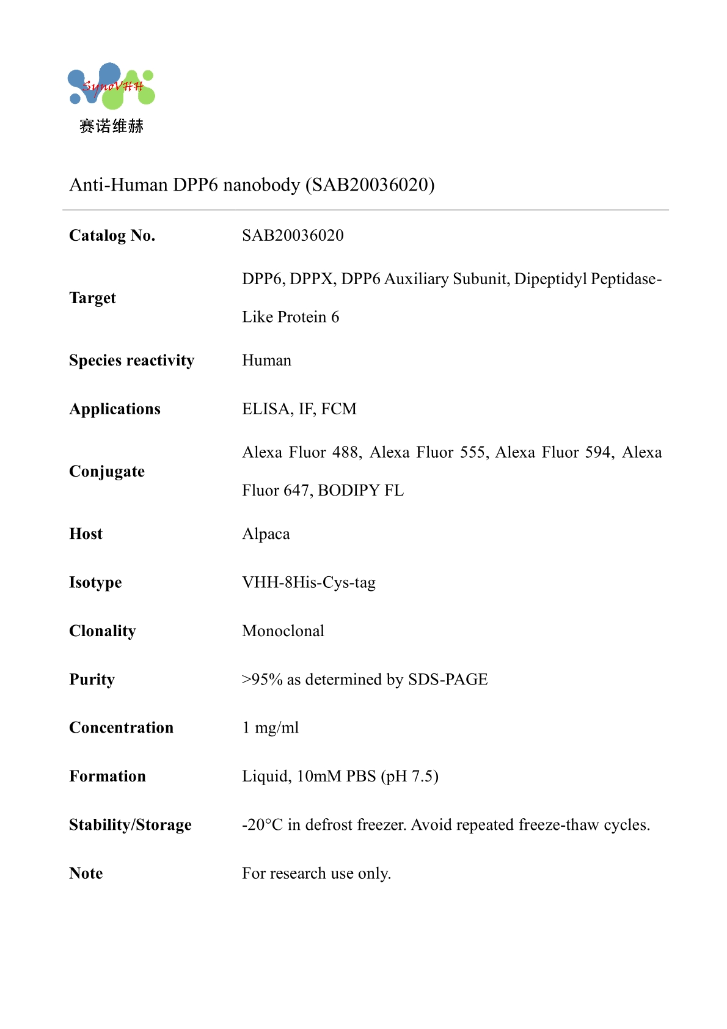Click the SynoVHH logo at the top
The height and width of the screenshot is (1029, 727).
(111, 87)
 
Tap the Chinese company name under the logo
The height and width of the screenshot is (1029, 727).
(111, 126)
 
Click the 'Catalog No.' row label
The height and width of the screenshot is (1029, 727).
(112, 236)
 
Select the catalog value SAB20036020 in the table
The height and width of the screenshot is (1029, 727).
(293, 236)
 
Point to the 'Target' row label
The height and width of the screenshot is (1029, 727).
(92, 298)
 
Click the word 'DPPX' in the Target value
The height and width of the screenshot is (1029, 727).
(312, 279)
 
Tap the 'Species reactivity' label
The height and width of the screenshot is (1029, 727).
(131, 361)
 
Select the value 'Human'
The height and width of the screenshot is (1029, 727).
(266, 361)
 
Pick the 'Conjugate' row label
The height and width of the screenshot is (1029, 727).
(107, 472)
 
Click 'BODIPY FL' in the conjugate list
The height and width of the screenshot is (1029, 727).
(360, 491)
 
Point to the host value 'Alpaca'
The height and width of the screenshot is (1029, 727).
(266, 534)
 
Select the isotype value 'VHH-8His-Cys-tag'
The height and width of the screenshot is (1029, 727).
(309, 582)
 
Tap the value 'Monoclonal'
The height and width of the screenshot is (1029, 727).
(283, 631)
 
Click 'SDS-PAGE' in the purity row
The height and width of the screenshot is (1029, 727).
(448, 679)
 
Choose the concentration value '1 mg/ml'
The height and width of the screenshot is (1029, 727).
(271, 728)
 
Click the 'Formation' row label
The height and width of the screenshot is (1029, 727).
(108, 777)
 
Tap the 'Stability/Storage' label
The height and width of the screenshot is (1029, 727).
(130, 825)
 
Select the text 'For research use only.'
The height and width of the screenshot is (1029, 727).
(316, 874)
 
